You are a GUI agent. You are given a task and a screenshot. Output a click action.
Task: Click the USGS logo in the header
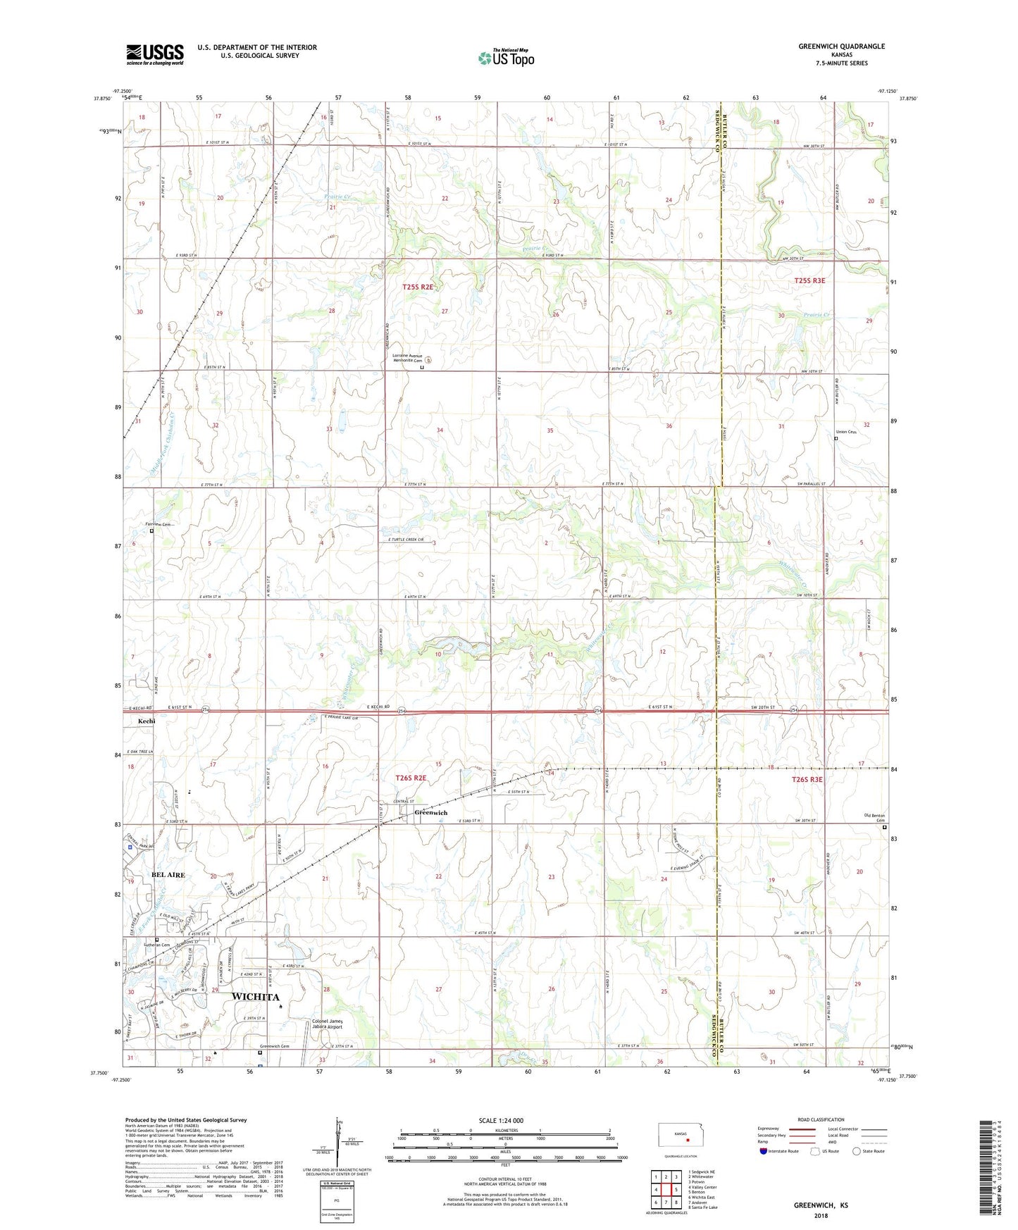coord(154,54)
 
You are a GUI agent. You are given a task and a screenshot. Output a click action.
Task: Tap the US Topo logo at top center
coord(506,58)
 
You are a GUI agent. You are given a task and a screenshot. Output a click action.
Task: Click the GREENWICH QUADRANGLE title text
coord(841,46)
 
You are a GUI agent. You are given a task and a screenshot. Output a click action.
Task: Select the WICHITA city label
coord(255,997)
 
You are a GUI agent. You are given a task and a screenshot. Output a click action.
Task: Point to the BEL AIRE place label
coord(168,875)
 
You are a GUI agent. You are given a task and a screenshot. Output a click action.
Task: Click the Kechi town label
coord(147,721)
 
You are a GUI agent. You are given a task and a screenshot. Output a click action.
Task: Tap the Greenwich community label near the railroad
coord(430,813)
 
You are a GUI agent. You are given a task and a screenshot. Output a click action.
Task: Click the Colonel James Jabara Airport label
coord(327,1024)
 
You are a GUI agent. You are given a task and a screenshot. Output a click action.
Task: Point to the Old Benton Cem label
coord(874,818)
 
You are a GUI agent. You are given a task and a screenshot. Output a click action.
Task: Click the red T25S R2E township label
coord(417,287)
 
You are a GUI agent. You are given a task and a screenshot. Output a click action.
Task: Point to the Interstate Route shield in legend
coord(764,1153)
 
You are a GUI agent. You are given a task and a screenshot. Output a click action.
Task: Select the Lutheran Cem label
coord(156,945)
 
